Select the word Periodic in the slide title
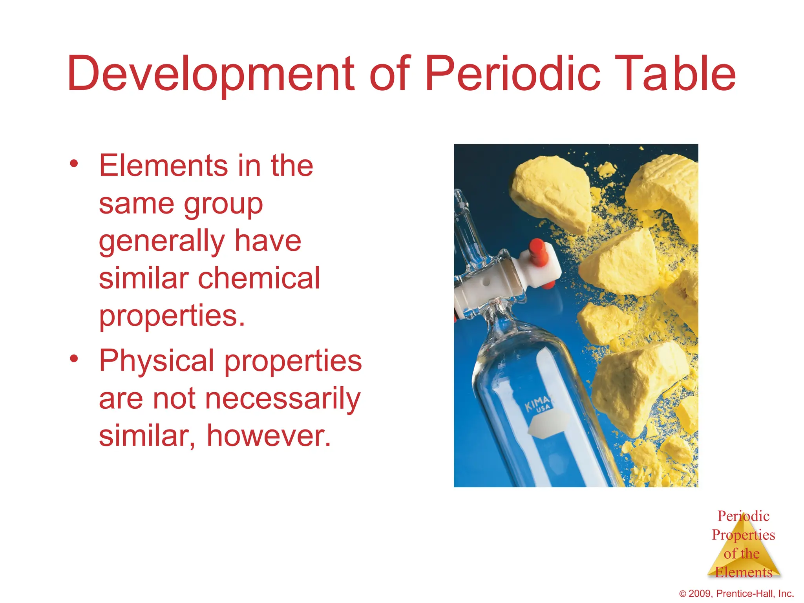pos(513,73)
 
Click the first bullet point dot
pos(74,163)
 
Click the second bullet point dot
pos(74,358)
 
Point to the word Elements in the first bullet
pos(163,165)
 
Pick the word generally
pos(161,241)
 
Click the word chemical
pos(259,278)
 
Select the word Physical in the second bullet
pos(156,360)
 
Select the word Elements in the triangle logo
pos(743,572)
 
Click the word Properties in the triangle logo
pos(743,535)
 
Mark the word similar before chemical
pos(143,278)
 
